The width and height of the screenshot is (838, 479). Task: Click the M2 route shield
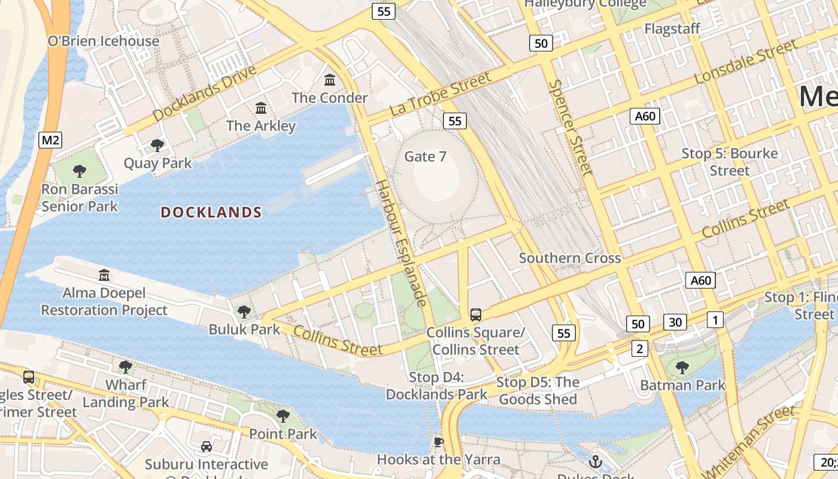pos(50,140)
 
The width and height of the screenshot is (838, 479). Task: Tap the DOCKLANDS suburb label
pos(211,213)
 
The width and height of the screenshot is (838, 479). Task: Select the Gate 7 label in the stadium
pos(425,157)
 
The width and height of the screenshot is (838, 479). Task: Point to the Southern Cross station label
pos(569,258)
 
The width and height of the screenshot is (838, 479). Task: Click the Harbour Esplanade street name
pos(400,243)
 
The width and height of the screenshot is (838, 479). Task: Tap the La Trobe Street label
pos(440,94)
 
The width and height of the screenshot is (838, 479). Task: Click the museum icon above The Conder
pos(330,80)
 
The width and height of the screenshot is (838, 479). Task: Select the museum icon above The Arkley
pos(261,108)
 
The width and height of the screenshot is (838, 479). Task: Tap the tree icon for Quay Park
pos(157,145)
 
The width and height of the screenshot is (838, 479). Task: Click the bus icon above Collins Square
pos(476,314)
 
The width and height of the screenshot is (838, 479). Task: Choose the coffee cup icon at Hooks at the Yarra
pos(439,442)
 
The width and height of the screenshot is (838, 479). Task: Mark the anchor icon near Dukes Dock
pos(595,461)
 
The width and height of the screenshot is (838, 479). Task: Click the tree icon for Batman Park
pos(682,367)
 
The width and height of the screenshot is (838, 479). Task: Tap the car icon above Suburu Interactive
pos(207,447)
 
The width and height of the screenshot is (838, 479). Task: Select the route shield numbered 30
pos(675,322)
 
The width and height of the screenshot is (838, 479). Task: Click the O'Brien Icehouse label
pos(104,41)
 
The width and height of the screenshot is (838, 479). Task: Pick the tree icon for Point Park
pos(283,416)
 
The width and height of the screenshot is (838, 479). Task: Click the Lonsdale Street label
pos(745,62)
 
